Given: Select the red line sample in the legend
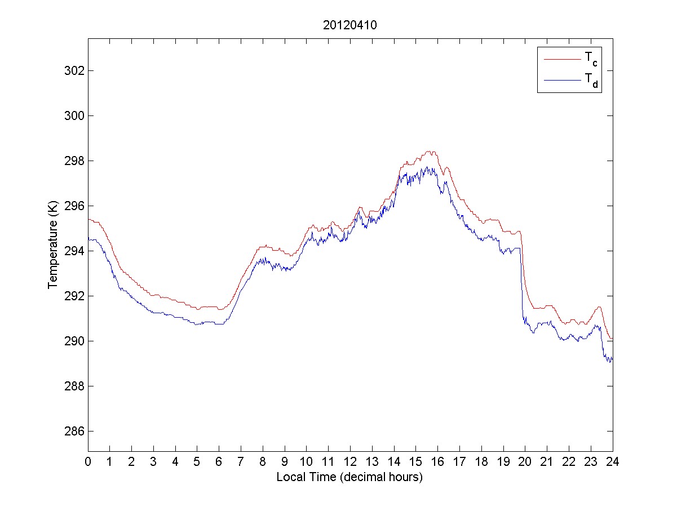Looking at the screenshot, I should click(x=561, y=59).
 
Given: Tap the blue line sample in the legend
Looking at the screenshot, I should click(x=561, y=81).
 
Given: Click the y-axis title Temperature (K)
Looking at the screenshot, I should click(x=53, y=244).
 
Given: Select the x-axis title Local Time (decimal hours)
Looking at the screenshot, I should click(x=349, y=477).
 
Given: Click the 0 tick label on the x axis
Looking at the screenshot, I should click(x=88, y=462).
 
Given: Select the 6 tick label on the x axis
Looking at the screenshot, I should click(x=219, y=462).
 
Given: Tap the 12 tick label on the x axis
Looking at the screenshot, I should click(x=350, y=462).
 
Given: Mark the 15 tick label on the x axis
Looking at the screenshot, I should click(x=416, y=462).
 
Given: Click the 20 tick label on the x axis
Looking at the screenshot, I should click(x=525, y=462).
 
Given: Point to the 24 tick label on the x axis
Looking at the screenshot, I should click(x=613, y=462).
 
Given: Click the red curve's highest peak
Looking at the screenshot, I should click(x=430, y=151).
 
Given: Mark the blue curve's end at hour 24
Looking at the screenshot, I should click(x=612, y=358).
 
